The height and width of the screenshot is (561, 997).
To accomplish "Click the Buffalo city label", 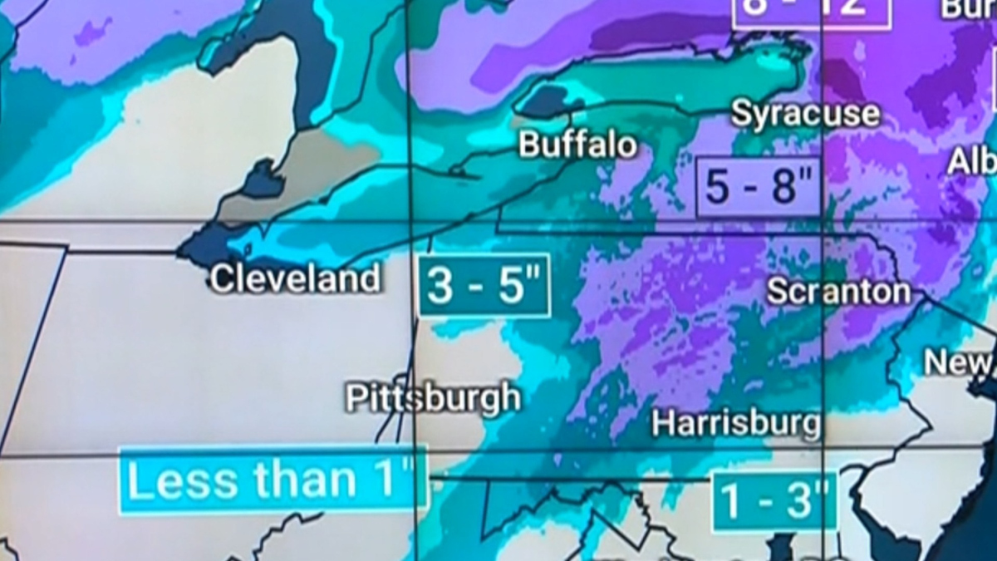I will (577, 145).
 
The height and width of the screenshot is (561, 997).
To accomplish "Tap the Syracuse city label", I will (804, 114).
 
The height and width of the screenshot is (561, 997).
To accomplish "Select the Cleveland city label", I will (295, 278).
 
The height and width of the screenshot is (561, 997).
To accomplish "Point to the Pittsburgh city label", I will (433, 398).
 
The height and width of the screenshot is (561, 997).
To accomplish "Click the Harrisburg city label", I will (736, 423).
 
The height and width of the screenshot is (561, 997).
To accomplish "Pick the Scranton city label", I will (838, 291).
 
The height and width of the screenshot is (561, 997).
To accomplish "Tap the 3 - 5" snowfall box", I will (484, 286).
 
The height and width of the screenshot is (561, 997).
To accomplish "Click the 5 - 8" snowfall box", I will (759, 186).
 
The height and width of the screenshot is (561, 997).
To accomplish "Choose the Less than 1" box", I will (273, 480).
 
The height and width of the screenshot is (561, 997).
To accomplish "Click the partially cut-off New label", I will (960, 362).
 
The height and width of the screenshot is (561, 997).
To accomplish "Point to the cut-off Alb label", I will (973, 160).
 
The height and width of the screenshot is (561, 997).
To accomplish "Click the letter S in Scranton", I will (777, 292).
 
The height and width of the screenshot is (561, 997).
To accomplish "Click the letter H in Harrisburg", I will (662, 424).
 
